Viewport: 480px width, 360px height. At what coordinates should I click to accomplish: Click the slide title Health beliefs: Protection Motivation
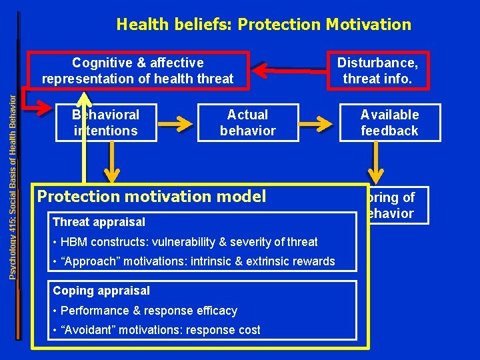pos(263,25)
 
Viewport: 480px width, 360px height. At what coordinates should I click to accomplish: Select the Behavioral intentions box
pos(105,123)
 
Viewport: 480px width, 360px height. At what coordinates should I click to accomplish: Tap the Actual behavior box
pos(247,123)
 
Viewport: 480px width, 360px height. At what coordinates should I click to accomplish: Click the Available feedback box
pos(389,123)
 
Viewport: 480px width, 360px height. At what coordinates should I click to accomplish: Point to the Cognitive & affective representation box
pos(138,71)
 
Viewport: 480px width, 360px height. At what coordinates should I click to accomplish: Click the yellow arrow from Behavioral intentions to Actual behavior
pos(177,123)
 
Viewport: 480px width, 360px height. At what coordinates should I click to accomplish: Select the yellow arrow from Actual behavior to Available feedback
pos(323,123)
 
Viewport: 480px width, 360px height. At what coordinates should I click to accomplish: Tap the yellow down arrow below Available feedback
pos(377,161)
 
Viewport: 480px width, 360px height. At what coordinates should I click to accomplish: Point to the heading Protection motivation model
pos(152,196)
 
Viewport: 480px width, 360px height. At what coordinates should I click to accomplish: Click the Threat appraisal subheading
pos(99,221)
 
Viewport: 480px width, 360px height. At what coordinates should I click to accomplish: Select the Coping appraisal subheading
pos(101,291)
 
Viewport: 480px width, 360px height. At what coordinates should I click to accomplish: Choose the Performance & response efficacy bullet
pos(149,311)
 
